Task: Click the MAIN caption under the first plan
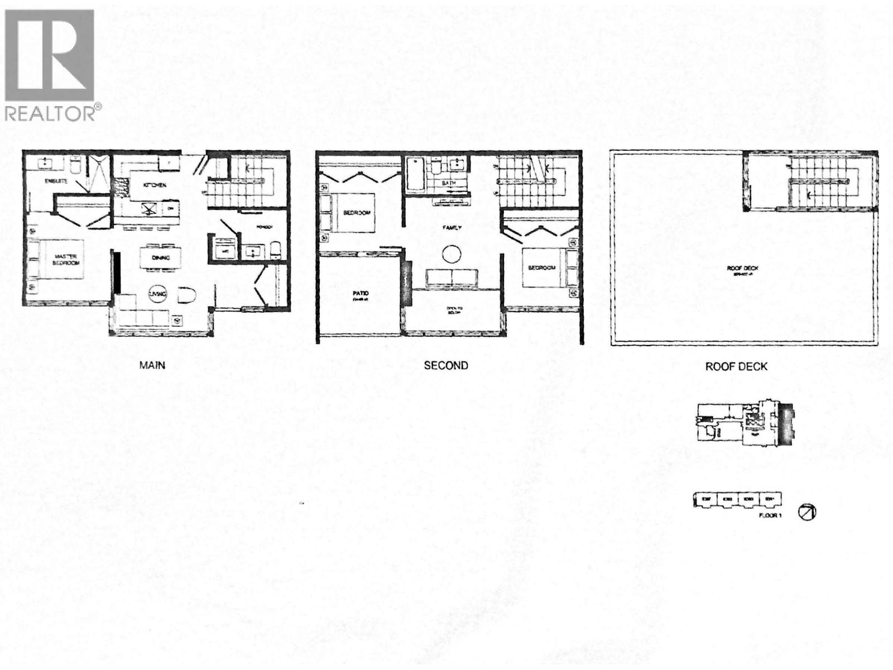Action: (x=152, y=365)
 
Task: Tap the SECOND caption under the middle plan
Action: (x=445, y=366)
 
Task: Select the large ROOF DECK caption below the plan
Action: (x=736, y=367)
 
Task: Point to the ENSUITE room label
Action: (x=57, y=181)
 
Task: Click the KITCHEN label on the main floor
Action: (x=154, y=185)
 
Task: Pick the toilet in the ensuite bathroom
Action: (x=75, y=165)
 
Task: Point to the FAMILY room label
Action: (x=452, y=228)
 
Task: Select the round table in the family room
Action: (x=451, y=255)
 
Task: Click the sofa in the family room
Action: (x=452, y=278)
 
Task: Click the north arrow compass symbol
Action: (x=807, y=511)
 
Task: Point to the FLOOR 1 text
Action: (x=770, y=515)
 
